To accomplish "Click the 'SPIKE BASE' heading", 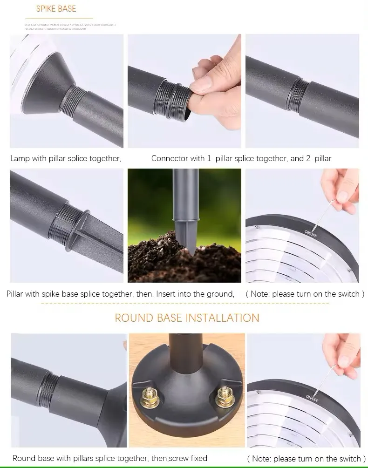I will click(x=56, y=8).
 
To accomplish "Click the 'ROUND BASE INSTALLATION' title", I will click(x=187, y=318).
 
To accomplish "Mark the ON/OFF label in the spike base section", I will click(x=311, y=231).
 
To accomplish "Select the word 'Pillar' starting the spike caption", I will click(x=17, y=294).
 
